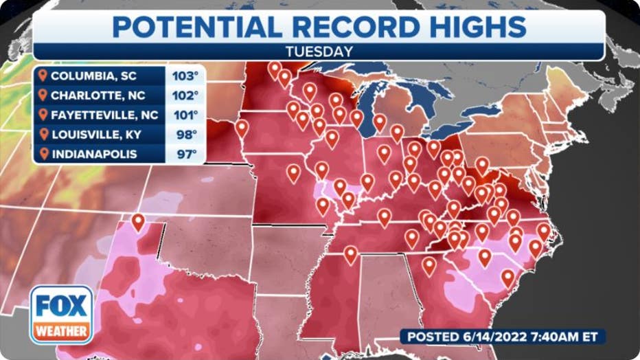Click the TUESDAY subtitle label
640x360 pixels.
pyautogui.click(x=319, y=51)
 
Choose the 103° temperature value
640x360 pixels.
pyautogui.click(x=185, y=76)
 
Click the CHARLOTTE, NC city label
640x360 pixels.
pyautogui.click(x=93, y=95)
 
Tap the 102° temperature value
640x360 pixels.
pyautogui.click(x=185, y=95)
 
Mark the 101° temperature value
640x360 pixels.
pyautogui.click(x=185, y=114)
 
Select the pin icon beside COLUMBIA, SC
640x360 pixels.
pyautogui.click(x=44, y=76)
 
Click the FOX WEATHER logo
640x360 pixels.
pyautogui.click(x=61, y=315)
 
